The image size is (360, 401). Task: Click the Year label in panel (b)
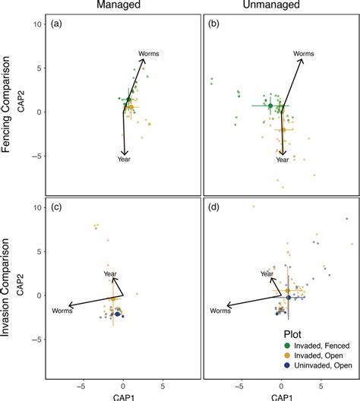(x=283, y=160)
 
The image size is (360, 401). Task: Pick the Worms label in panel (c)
(x=62, y=311)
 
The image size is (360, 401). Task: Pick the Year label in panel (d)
(x=266, y=273)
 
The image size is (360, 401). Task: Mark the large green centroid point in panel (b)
(x=270, y=106)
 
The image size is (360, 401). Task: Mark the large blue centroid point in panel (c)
(x=118, y=314)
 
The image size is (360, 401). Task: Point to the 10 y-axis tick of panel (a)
(x=36, y=25)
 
